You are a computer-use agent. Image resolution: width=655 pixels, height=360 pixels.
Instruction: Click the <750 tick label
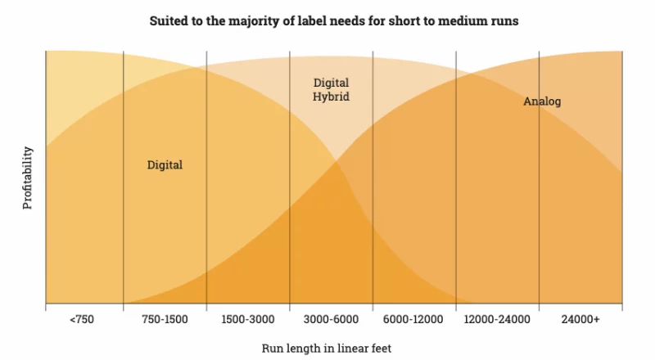click(x=82, y=319)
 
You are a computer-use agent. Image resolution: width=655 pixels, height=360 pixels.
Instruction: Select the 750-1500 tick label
click(x=165, y=319)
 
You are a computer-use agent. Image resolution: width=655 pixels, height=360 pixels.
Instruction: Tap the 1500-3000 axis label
click(x=248, y=319)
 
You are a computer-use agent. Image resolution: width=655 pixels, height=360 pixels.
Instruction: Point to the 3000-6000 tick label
click(x=331, y=319)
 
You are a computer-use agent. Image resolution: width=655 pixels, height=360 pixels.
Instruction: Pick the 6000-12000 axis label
click(x=413, y=319)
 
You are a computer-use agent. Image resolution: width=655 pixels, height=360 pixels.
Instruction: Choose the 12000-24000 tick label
click(x=497, y=319)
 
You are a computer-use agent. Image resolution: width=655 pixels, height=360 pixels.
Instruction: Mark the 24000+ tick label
click(x=580, y=319)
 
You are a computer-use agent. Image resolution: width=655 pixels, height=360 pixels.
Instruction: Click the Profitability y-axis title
click(x=28, y=178)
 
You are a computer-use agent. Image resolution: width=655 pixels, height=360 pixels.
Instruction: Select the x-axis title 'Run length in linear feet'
click(x=327, y=349)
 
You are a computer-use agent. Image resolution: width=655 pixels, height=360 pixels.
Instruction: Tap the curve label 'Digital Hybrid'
click(x=332, y=89)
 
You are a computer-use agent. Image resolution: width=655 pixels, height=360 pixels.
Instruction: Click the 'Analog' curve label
click(x=542, y=101)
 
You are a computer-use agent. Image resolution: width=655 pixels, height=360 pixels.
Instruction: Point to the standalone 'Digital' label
click(x=165, y=165)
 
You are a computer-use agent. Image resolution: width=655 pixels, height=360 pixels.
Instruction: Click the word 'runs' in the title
click(x=505, y=21)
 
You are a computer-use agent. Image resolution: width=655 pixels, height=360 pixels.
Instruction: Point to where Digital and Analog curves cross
click(x=336, y=162)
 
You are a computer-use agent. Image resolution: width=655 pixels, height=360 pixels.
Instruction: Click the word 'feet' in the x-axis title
click(x=381, y=349)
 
